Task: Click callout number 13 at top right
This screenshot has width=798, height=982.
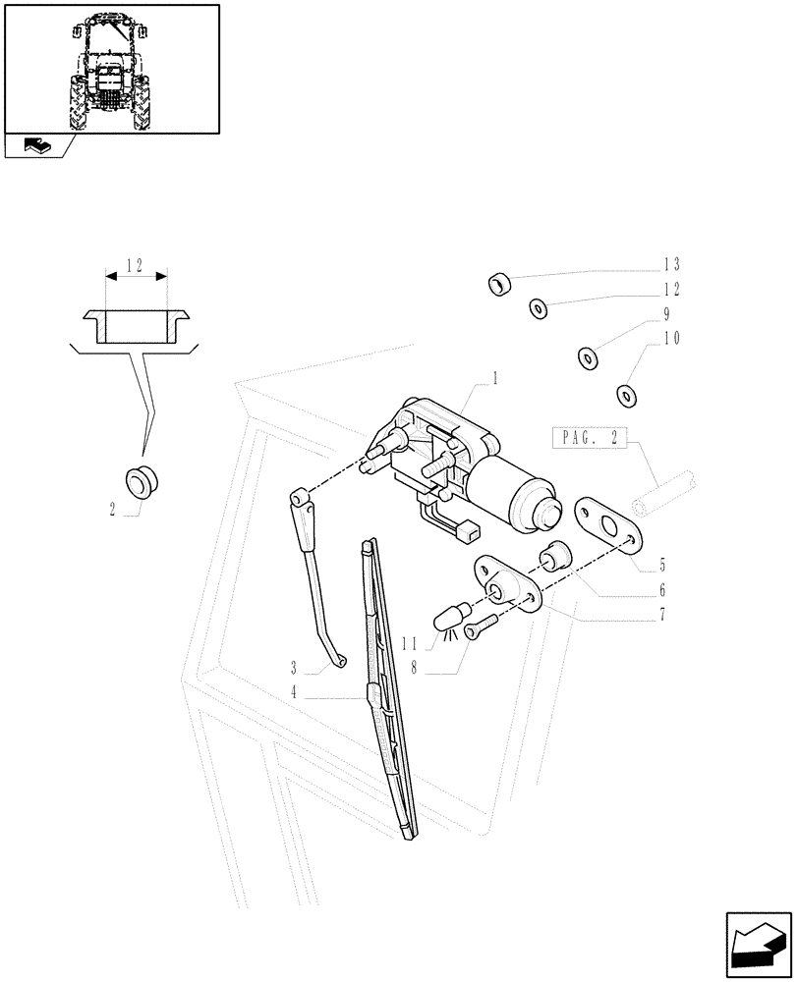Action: pyautogui.click(x=671, y=264)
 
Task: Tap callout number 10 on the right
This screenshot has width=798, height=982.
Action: pyautogui.click(x=671, y=339)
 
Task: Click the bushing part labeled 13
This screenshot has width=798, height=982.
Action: pyautogui.click(x=501, y=285)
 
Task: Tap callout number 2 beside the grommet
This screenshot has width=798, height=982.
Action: pyautogui.click(x=113, y=509)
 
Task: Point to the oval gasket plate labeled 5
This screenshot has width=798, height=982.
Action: pyautogui.click(x=605, y=518)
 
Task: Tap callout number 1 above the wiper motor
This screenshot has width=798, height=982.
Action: pyautogui.click(x=495, y=377)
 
